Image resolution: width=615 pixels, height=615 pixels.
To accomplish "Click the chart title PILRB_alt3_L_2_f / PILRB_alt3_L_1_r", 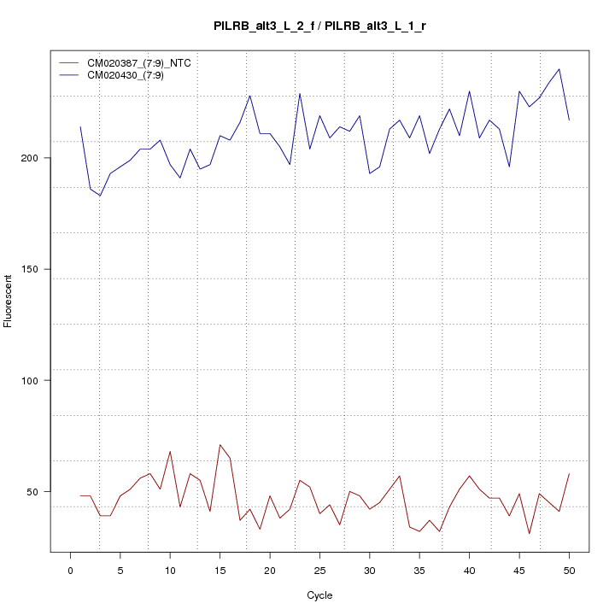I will click(x=319, y=26).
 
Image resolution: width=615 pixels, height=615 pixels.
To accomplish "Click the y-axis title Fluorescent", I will click(x=9, y=301).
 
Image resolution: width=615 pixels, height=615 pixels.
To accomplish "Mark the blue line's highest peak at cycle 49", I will click(x=559, y=69).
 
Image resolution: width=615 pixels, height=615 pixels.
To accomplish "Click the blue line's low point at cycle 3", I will click(x=100, y=196).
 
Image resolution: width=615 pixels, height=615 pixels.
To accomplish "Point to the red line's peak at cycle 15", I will click(x=220, y=444).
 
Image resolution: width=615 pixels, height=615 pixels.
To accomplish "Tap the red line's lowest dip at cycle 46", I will click(x=530, y=534).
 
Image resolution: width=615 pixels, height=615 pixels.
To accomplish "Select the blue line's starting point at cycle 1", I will click(x=80, y=127).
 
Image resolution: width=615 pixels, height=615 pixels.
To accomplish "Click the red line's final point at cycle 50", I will click(x=569, y=473).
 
